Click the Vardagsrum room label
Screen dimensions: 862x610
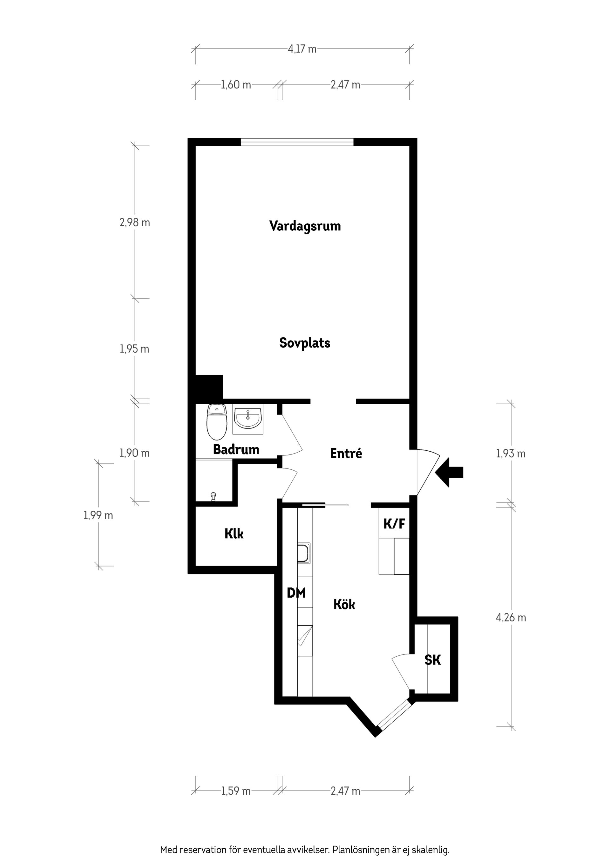[x=305, y=226]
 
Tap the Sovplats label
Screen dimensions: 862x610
[x=304, y=343]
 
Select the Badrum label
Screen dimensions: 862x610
[x=236, y=449]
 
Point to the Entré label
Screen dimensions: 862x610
[x=346, y=454]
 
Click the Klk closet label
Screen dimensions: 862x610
[x=234, y=534]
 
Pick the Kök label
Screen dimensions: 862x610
[x=344, y=605]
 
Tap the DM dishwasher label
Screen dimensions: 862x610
[x=296, y=593]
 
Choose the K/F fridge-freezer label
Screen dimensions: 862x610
[x=394, y=523]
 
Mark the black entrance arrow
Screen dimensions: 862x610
[x=450, y=472]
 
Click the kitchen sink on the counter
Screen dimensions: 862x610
[x=304, y=553]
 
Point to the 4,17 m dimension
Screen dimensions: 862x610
[x=302, y=49]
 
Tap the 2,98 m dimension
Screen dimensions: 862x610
[x=135, y=222]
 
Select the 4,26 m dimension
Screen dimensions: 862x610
[x=511, y=618]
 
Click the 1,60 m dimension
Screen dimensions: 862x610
[x=236, y=85]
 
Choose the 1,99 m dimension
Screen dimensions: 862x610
[x=98, y=515]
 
